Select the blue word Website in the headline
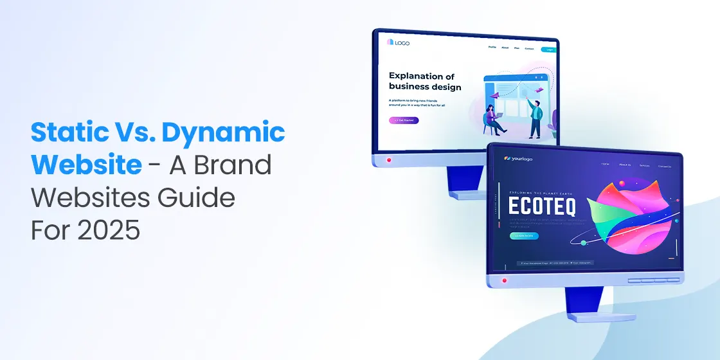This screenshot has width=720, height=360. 86,165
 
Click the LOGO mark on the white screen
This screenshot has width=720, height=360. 398,43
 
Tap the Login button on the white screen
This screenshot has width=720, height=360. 548,50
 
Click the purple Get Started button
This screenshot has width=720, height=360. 404,120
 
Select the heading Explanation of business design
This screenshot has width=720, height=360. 424,82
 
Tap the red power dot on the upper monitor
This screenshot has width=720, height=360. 388,159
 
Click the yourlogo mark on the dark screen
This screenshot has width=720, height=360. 519,159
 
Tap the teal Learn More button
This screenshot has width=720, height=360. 524,236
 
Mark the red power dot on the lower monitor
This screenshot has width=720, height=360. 504,280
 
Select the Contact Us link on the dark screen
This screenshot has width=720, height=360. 664,166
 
